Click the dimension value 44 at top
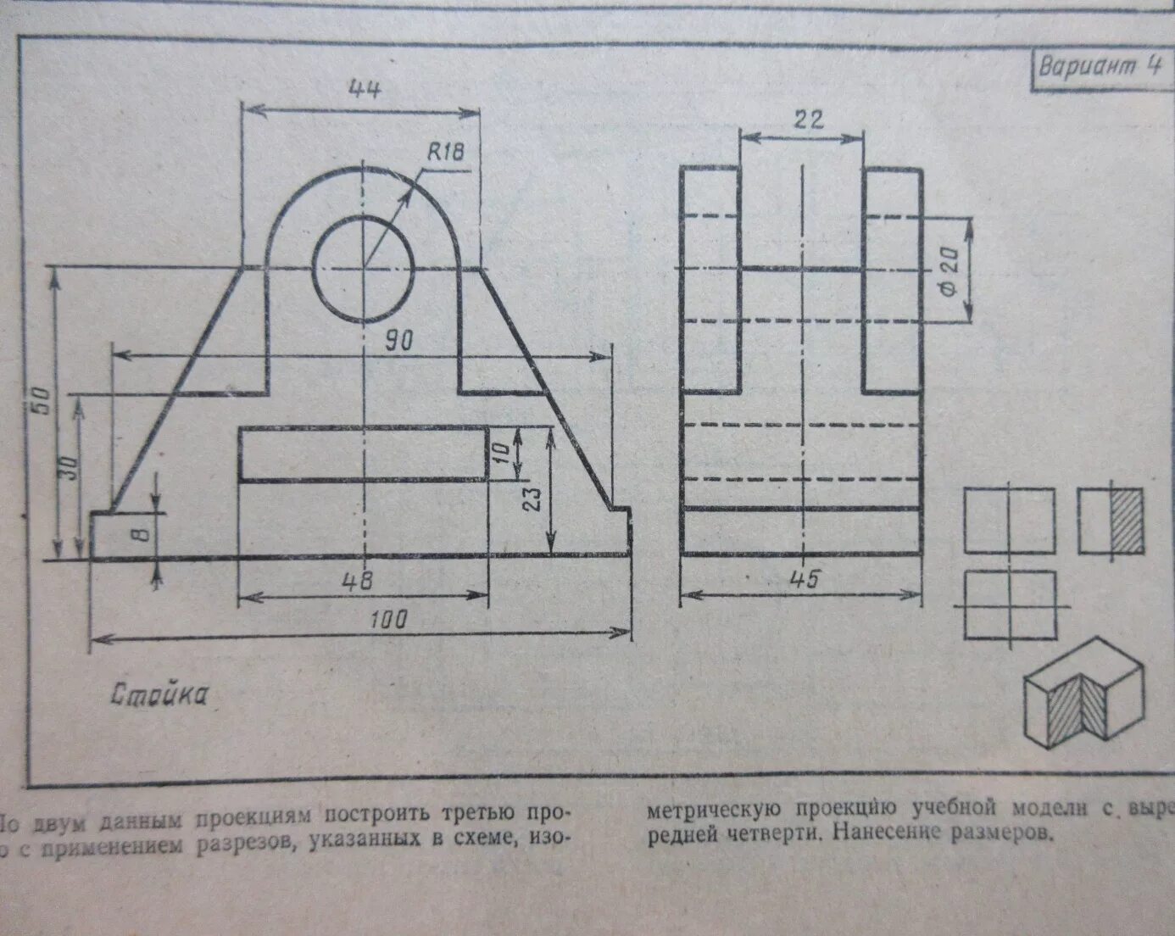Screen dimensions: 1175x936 (x=365, y=89)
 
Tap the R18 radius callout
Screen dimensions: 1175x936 (x=445, y=153)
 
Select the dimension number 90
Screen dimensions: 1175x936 (x=398, y=341)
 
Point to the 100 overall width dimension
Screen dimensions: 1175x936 (x=389, y=619)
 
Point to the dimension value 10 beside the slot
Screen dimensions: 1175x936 (x=502, y=452)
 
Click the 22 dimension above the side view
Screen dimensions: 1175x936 (x=808, y=119)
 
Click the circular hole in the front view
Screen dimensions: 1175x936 (x=364, y=269)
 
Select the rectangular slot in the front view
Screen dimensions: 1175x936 (x=363, y=454)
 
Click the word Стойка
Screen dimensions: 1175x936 (x=159, y=695)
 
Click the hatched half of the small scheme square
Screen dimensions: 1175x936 (x=1126, y=521)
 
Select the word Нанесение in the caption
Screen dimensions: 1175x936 (x=887, y=833)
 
